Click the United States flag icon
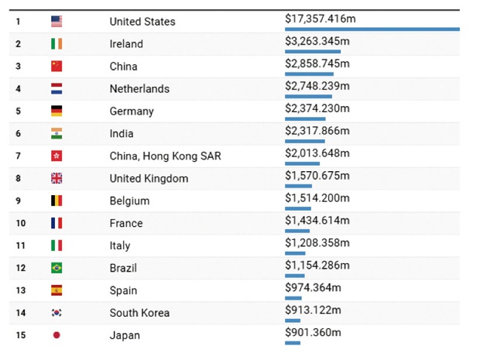pyautogui.click(x=57, y=21)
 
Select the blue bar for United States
pyautogui.click(x=372, y=29)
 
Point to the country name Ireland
pyautogui.click(x=126, y=44)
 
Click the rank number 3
pyautogui.click(x=18, y=67)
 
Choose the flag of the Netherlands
pyautogui.click(x=57, y=88)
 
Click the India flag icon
pyautogui.click(x=57, y=133)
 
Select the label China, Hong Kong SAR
pyautogui.click(x=165, y=156)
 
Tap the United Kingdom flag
pyautogui.click(x=57, y=178)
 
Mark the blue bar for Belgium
pyautogui.click(x=298, y=208)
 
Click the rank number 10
pyautogui.click(x=19, y=223)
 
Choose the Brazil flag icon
pyautogui.click(x=57, y=268)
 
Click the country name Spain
pyautogui.click(x=124, y=290)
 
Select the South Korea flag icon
pyautogui.click(x=57, y=313)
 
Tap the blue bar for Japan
pyautogui.click(x=293, y=342)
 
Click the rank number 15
pyautogui.click(x=19, y=335)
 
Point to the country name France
pyautogui.click(x=126, y=223)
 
